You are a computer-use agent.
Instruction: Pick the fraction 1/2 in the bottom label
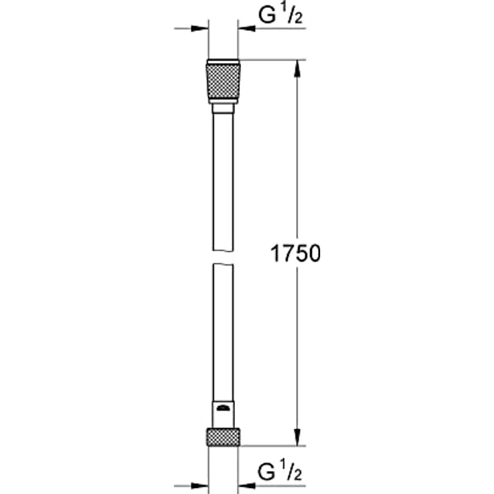(291, 474)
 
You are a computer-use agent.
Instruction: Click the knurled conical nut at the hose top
(224, 80)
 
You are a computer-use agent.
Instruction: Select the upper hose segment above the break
(224, 181)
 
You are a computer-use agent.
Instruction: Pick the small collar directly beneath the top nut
(224, 107)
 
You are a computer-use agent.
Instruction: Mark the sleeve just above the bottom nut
(224, 413)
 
